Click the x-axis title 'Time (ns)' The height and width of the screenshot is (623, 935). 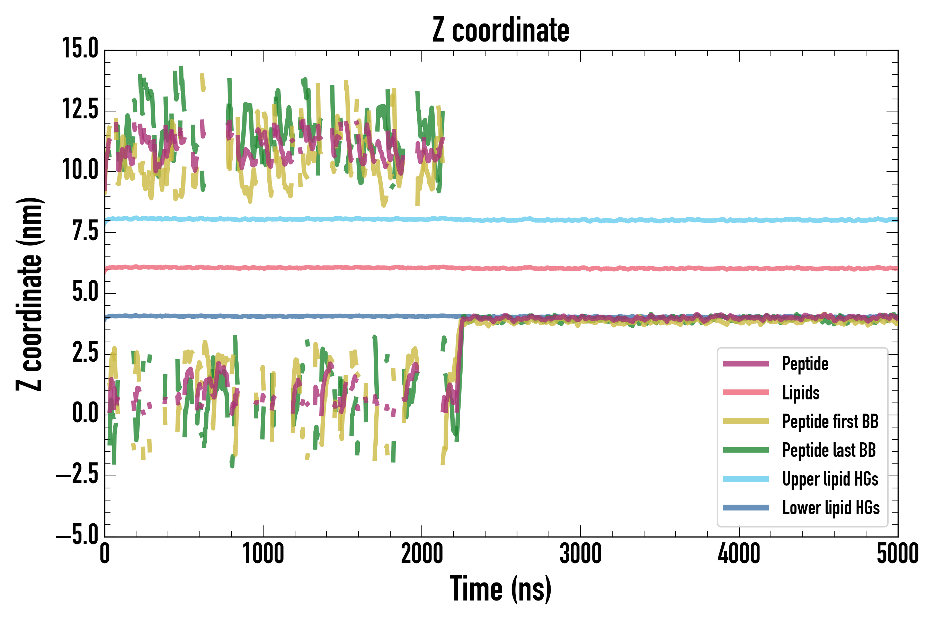click(x=501, y=589)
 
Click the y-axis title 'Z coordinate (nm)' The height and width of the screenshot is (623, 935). click(x=29, y=294)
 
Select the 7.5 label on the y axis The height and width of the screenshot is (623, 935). click(x=85, y=231)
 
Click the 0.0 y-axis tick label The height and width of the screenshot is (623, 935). click(x=85, y=413)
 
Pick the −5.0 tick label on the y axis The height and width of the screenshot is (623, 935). click(x=78, y=534)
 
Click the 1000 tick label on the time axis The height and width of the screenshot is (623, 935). click(x=263, y=554)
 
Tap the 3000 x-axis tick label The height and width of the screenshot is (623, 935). click(x=580, y=554)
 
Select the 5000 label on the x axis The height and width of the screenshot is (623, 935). click(x=898, y=554)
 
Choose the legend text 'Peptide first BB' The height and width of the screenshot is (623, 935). click(x=830, y=422)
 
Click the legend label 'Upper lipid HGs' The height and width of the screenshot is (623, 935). click(x=830, y=479)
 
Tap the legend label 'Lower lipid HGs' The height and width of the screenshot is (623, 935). click(x=831, y=508)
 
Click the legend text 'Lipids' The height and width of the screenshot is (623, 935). click(x=801, y=392)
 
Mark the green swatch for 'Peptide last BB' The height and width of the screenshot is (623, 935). click(x=746, y=450)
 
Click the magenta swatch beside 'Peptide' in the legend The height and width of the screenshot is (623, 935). click(x=746, y=363)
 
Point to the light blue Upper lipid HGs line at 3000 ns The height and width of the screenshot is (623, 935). click(x=580, y=220)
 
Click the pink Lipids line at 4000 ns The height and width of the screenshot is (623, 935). click(x=739, y=269)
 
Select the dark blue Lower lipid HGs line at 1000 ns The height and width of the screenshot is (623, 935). click(x=263, y=316)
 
